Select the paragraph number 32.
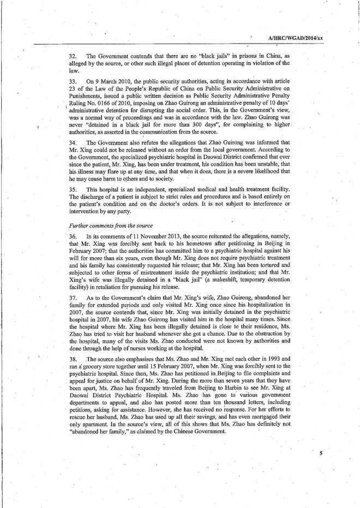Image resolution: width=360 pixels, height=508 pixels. click(x=73, y=57)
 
